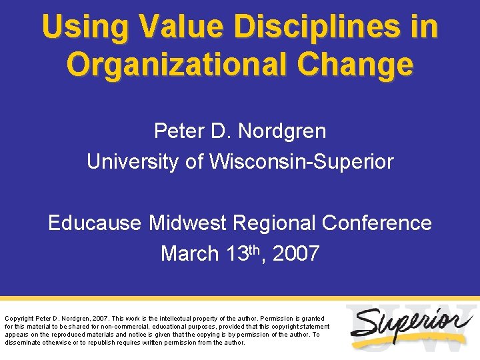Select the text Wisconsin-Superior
302,162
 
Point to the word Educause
95,223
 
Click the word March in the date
189,254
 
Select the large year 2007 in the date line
296,254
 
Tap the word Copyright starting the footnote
19,319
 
